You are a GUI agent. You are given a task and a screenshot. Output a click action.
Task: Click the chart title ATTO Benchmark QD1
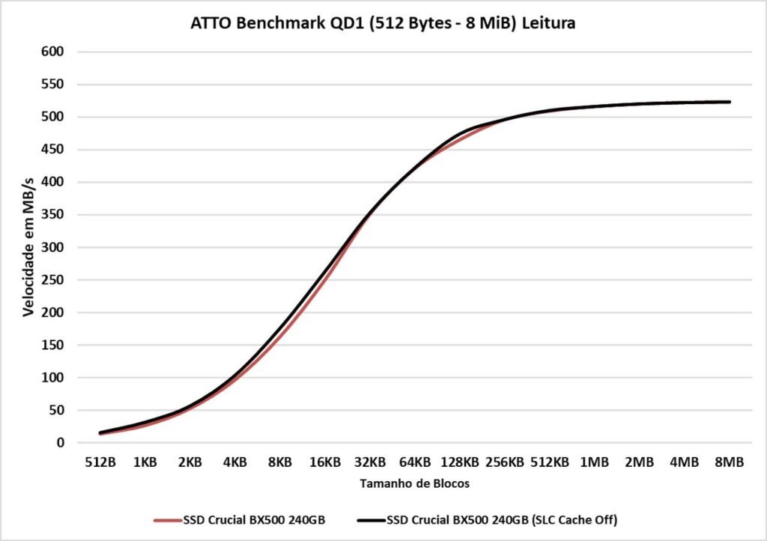tap(383, 23)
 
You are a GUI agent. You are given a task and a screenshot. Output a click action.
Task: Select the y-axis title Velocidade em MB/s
tap(28, 247)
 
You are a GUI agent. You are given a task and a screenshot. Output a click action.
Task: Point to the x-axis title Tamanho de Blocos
tap(414, 483)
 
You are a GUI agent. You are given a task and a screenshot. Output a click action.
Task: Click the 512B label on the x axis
tap(100, 462)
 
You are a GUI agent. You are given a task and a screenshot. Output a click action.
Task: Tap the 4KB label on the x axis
tap(234, 462)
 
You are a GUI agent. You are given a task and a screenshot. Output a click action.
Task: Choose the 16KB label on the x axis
tap(324, 462)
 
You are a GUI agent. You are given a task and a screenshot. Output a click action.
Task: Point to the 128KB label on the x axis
tap(459, 462)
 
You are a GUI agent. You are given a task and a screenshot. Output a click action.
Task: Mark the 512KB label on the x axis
tap(549, 462)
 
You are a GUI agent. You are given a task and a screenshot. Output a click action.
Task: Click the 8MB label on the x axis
tap(729, 462)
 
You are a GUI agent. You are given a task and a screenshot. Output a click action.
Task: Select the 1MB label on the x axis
tap(594, 462)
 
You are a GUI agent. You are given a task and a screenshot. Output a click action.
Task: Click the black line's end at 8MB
tap(729, 102)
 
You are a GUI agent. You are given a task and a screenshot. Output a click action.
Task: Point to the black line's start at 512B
tap(100, 433)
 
